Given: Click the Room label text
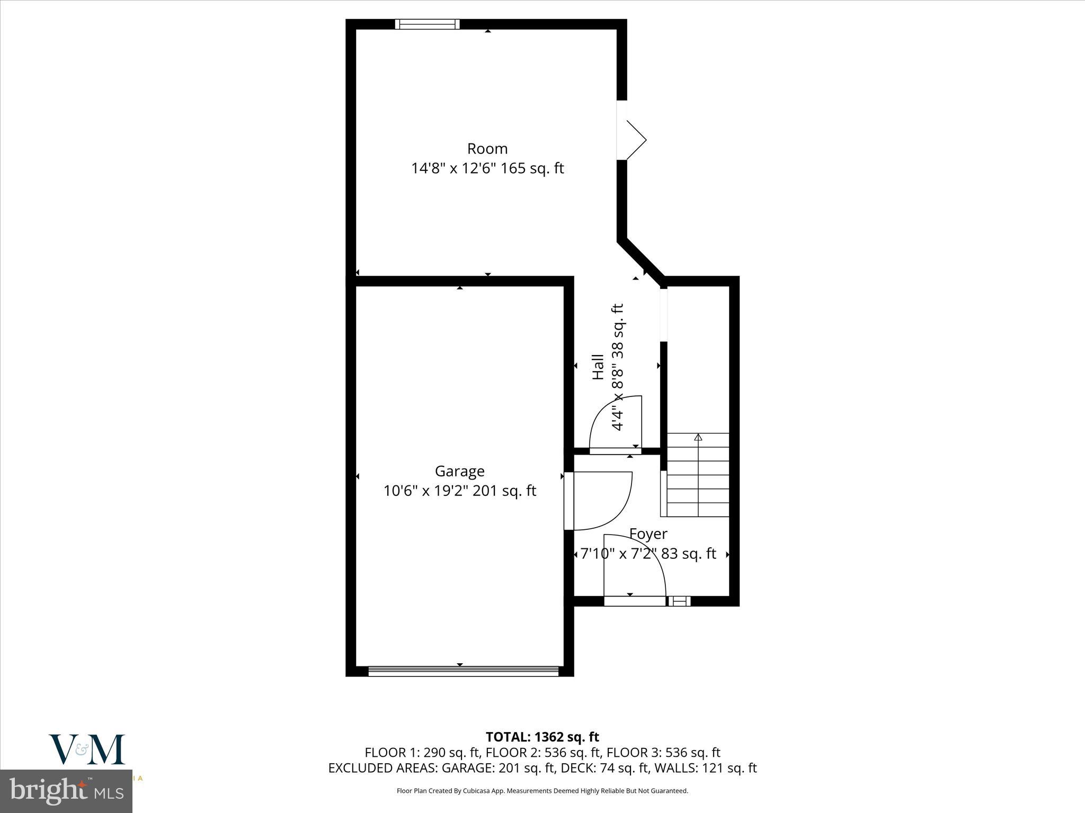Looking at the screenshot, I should pos(487,149).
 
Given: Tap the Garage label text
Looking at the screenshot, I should pos(459,471).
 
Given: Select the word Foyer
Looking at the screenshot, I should pos(648,534).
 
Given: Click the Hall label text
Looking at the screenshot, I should pos(598,366).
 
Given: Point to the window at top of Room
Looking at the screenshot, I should pos(427,24).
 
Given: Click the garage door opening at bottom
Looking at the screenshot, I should pos(463,671).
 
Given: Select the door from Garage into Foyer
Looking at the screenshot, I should pos(599,500).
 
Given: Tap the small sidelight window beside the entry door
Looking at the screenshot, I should pos(679,601).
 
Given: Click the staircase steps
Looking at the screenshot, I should pos(698,482).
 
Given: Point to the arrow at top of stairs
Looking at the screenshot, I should pos(698,437).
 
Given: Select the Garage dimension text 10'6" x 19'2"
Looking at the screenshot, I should pos(426,491).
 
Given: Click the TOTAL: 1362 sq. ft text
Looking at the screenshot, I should pos(542,737).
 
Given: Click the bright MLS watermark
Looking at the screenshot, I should pos(66,791).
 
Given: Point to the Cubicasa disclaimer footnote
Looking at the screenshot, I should pos(542,791).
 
